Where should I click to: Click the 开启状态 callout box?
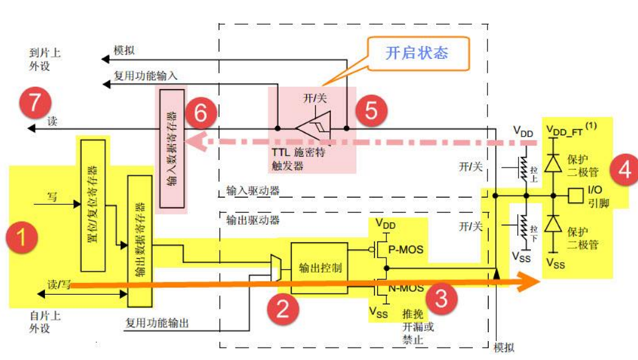click(417, 53)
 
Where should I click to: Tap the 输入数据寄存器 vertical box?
click(170, 152)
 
